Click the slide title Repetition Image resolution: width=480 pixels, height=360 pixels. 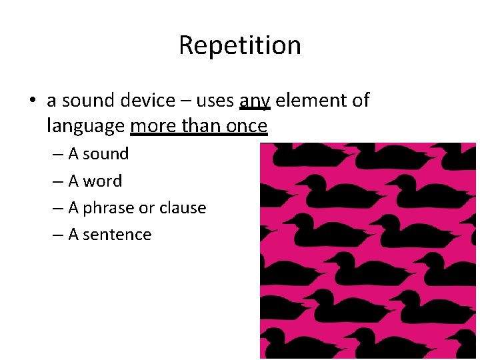(x=240, y=45)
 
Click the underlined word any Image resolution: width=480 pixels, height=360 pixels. (x=255, y=101)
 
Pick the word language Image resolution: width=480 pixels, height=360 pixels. (x=86, y=125)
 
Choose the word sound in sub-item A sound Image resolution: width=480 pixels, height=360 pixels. (x=106, y=154)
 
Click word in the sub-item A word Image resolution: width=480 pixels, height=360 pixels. (x=103, y=181)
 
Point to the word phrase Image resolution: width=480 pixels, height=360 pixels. (x=107, y=208)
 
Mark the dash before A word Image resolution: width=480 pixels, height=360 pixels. (x=59, y=181)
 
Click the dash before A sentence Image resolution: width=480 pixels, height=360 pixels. (x=59, y=235)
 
